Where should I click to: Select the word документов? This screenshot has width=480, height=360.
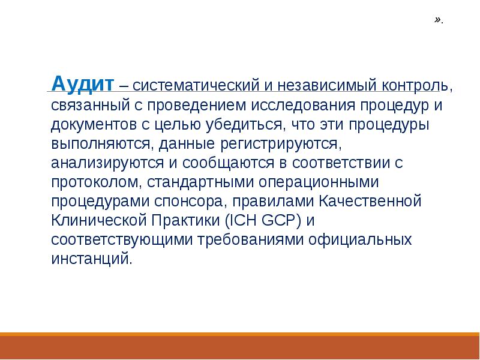[90, 126]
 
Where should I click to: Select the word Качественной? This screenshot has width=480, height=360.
[371, 201]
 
